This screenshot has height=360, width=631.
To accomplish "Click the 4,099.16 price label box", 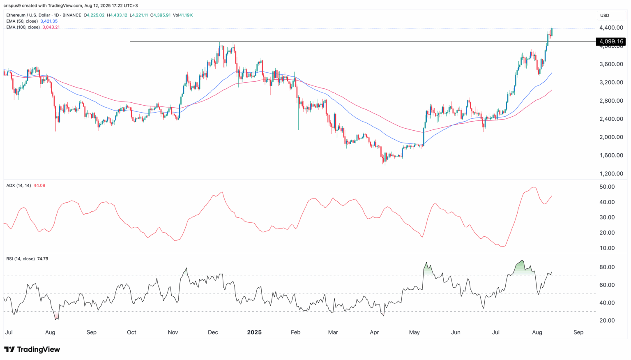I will [x=611, y=42].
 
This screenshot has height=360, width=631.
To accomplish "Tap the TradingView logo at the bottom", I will [x=32, y=350].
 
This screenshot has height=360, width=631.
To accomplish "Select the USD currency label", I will [x=605, y=16].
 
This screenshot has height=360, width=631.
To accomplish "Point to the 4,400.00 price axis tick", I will [x=611, y=28].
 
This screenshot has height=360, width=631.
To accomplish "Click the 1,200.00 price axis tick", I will [x=611, y=174].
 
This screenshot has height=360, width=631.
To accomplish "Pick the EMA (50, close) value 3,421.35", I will [x=49, y=21].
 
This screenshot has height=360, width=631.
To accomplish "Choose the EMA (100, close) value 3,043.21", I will [x=51, y=27].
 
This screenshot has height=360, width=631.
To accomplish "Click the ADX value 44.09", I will [x=39, y=185].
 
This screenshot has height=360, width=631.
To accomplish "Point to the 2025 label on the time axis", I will [x=254, y=332].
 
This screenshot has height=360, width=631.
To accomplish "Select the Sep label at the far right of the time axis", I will [x=578, y=332].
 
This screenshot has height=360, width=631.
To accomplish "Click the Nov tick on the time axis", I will [x=173, y=332].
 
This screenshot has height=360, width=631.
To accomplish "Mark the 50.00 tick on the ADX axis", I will [x=607, y=187].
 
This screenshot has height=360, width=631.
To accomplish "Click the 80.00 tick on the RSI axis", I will [x=607, y=267].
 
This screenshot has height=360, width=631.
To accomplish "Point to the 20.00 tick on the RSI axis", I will [x=607, y=321].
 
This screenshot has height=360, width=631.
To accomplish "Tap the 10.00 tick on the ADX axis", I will [x=607, y=248].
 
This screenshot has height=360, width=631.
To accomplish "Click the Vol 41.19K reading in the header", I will [x=183, y=15].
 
